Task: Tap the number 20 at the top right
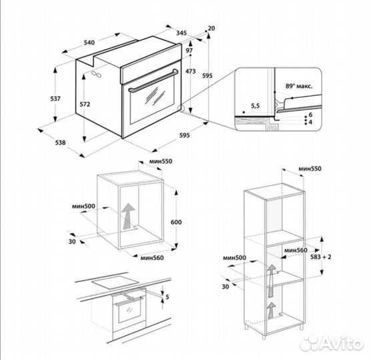[x=211, y=28]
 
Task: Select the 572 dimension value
[x=84, y=105]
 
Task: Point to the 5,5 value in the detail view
[x=254, y=106]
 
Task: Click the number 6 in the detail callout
[x=311, y=115]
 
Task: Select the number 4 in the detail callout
[x=311, y=123]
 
